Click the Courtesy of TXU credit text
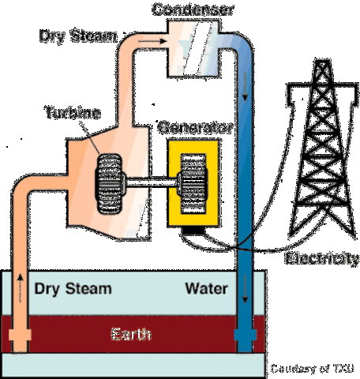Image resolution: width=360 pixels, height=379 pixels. [314, 369]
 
